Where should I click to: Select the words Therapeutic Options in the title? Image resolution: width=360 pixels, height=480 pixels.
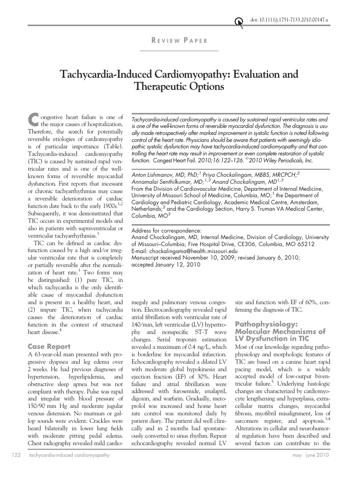click(x=180, y=87)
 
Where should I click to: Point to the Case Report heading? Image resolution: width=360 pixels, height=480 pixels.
click(x=49, y=346)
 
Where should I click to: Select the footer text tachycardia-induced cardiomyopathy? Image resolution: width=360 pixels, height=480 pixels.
click(x=69, y=455)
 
